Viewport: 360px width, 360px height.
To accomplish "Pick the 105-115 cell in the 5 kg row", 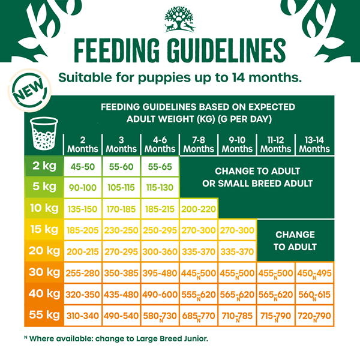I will tap(121, 188).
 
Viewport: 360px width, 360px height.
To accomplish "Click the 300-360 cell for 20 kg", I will tap(160, 251).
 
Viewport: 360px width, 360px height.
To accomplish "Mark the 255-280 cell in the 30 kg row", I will tap(83, 272).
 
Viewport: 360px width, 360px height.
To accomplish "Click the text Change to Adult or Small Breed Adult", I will tap(257, 177).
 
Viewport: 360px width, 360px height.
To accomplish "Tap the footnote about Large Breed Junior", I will tap(114, 338).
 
